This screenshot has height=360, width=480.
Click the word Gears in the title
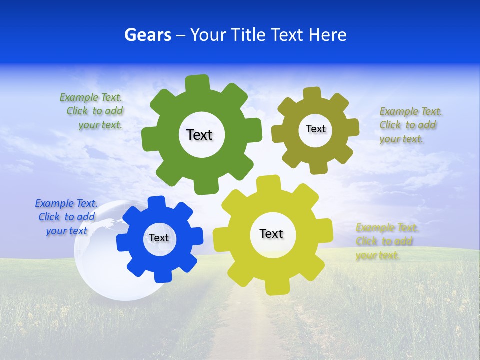point(147,35)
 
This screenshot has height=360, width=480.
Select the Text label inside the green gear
point(199,135)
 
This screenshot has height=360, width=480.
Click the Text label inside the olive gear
point(315,129)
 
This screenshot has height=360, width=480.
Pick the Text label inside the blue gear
point(159,238)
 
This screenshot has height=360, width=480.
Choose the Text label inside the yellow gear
point(271,233)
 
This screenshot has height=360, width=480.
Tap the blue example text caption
point(66,217)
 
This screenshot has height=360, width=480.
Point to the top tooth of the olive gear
point(312,94)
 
